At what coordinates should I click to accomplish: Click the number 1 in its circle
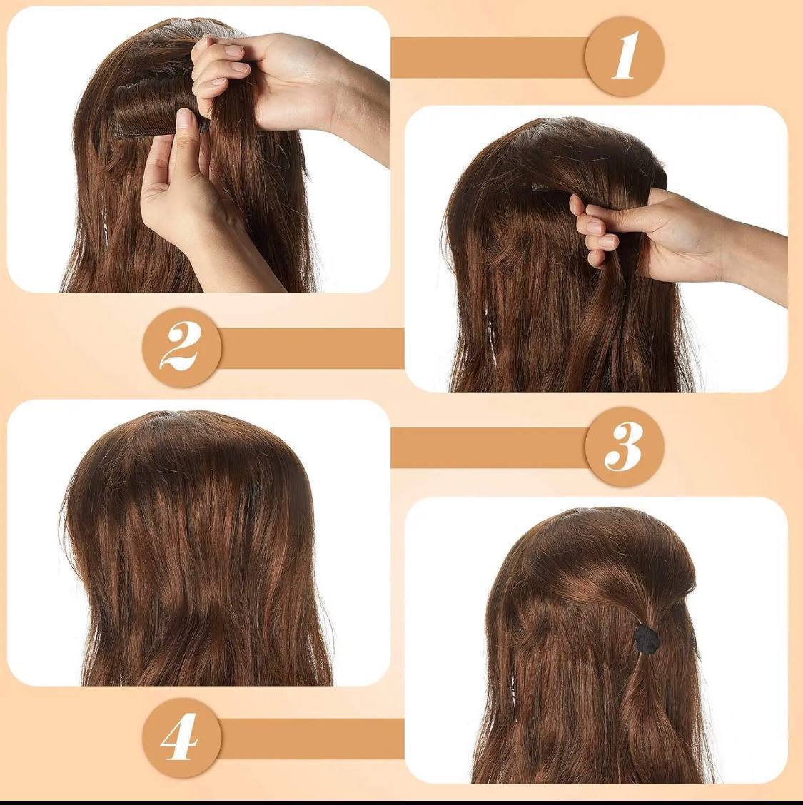[625, 56]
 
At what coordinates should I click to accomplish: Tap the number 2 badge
[182, 348]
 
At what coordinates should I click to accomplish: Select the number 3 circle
[625, 447]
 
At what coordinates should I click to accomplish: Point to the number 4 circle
[182, 738]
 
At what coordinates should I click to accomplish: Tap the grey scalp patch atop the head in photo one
[206, 29]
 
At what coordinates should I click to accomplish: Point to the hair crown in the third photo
[190, 442]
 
